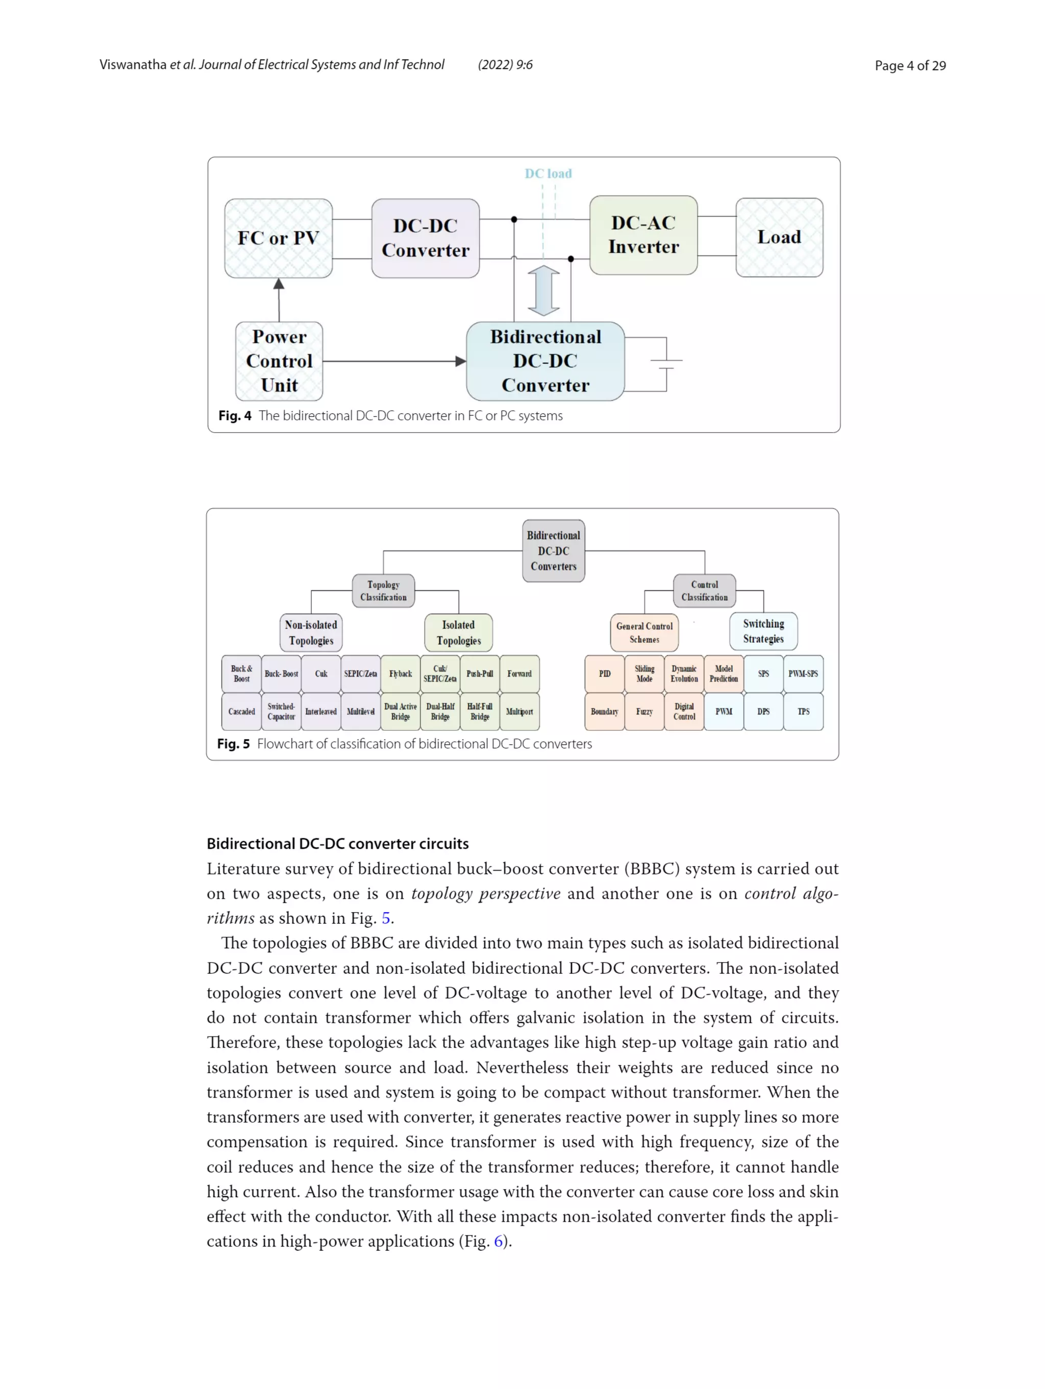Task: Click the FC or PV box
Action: (278, 238)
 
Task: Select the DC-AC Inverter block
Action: (643, 235)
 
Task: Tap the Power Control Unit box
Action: (279, 361)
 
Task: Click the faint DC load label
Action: (548, 173)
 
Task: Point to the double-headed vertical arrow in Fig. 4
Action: (544, 291)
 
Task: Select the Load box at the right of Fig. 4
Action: (779, 237)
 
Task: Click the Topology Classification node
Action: (383, 591)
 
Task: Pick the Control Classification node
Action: (704, 591)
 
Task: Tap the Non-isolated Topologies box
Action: (311, 633)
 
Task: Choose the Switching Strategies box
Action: (763, 631)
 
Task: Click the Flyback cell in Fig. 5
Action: (400, 674)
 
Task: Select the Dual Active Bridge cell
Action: (400, 712)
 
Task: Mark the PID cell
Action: (604, 674)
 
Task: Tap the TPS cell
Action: (803, 712)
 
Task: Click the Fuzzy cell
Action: (644, 712)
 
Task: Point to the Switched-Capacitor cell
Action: (281, 712)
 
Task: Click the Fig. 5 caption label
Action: (233, 744)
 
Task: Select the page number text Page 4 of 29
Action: (910, 65)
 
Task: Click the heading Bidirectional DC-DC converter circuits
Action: (337, 843)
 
